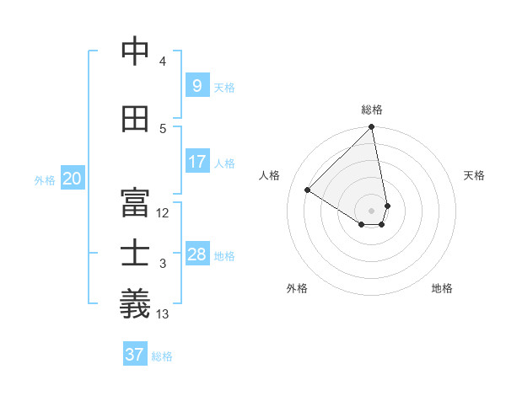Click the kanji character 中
(135, 51)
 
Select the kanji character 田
(135, 120)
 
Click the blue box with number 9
(196, 85)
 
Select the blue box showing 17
(196, 162)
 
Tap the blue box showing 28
(196, 254)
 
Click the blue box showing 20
(73, 179)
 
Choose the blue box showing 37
(135, 355)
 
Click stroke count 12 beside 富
(163, 213)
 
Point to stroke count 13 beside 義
(163, 314)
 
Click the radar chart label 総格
(372, 110)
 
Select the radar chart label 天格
(474, 175)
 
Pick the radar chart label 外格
(297, 288)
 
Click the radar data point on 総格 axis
(372, 128)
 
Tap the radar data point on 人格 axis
(308, 190)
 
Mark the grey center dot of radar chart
(371, 210)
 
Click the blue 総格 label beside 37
(162, 356)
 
